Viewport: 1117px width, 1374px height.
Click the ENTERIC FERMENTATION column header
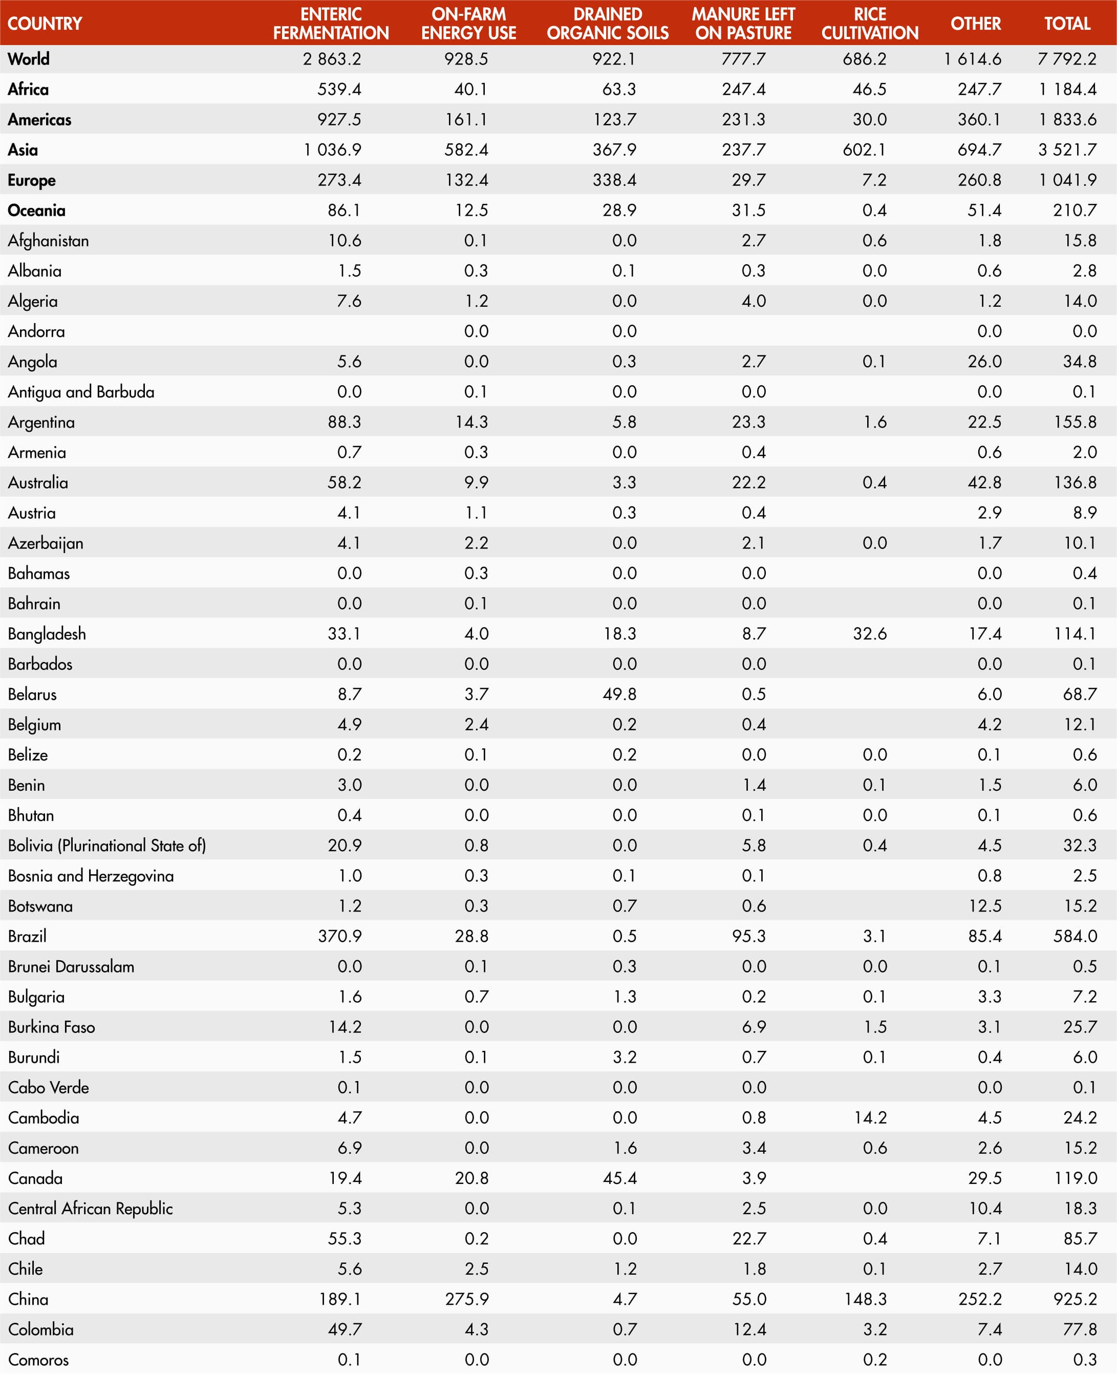pyautogui.click(x=331, y=23)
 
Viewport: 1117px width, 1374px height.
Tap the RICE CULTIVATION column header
pyautogui.click(x=869, y=23)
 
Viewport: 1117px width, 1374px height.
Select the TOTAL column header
pyautogui.click(x=1067, y=23)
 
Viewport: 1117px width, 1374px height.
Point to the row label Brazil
pyautogui.click(x=27, y=936)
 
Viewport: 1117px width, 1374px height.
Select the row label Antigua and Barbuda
pyautogui.click(x=81, y=391)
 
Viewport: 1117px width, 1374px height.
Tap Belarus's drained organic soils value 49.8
pyautogui.click(x=619, y=694)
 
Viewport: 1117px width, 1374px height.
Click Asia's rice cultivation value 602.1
pyautogui.click(x=864, y=150)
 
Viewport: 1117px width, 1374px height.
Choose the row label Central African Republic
pyautogui.click(x=90, y=1208)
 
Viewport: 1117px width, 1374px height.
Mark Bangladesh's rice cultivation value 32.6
pyautogui.click(x=869, y=633)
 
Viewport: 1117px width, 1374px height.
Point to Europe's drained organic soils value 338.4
pyautogui.click(x=614, y=180)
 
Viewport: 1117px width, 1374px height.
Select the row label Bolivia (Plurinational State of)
pyautogui.click(x=107, y=845)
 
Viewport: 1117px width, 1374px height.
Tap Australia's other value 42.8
pyautogui.click(x=984, y=482)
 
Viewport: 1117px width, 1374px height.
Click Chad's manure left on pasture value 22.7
pyautogui.click(x=749, y=1238)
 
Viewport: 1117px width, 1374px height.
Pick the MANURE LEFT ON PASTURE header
pyautogui.click(x=743, y=23)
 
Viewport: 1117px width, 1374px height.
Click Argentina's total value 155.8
pyautogui.click(x=1075, y=421)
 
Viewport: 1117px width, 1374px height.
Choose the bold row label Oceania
pyautogui.click(x=37, y=210)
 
